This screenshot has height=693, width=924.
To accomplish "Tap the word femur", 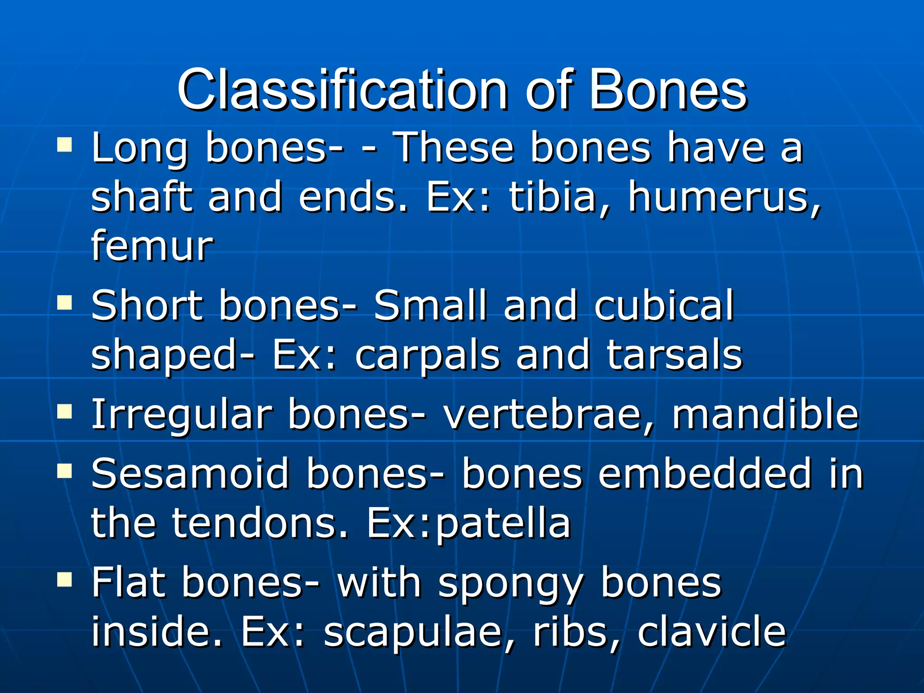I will click(x=152, y=246).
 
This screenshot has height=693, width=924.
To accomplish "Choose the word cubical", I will click(x=664, y=306).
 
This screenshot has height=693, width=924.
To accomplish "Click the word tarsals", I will click(x=674, y=356).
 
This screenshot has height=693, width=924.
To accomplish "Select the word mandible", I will click(x=765, y=414).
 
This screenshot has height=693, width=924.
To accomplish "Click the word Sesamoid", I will click(x=190, y=474).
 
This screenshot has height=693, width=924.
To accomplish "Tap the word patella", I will click(x=503, y=523).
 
